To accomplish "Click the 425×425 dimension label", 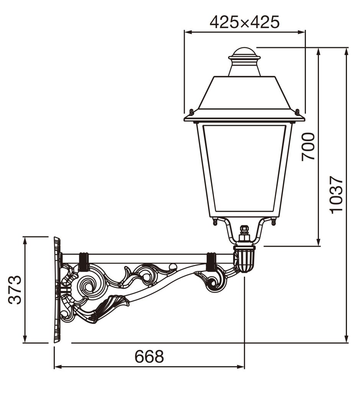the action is click(244, 22).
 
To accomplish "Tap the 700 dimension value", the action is click(308, 147).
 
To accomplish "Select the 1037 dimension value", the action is click(336, 195).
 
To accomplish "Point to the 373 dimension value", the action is click(15, 290).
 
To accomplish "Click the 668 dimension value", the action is click(149, 356).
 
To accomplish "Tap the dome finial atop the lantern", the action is click(244, 53).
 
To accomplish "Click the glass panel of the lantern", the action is click(244, 168).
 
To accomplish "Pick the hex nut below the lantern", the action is click(244, 237).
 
